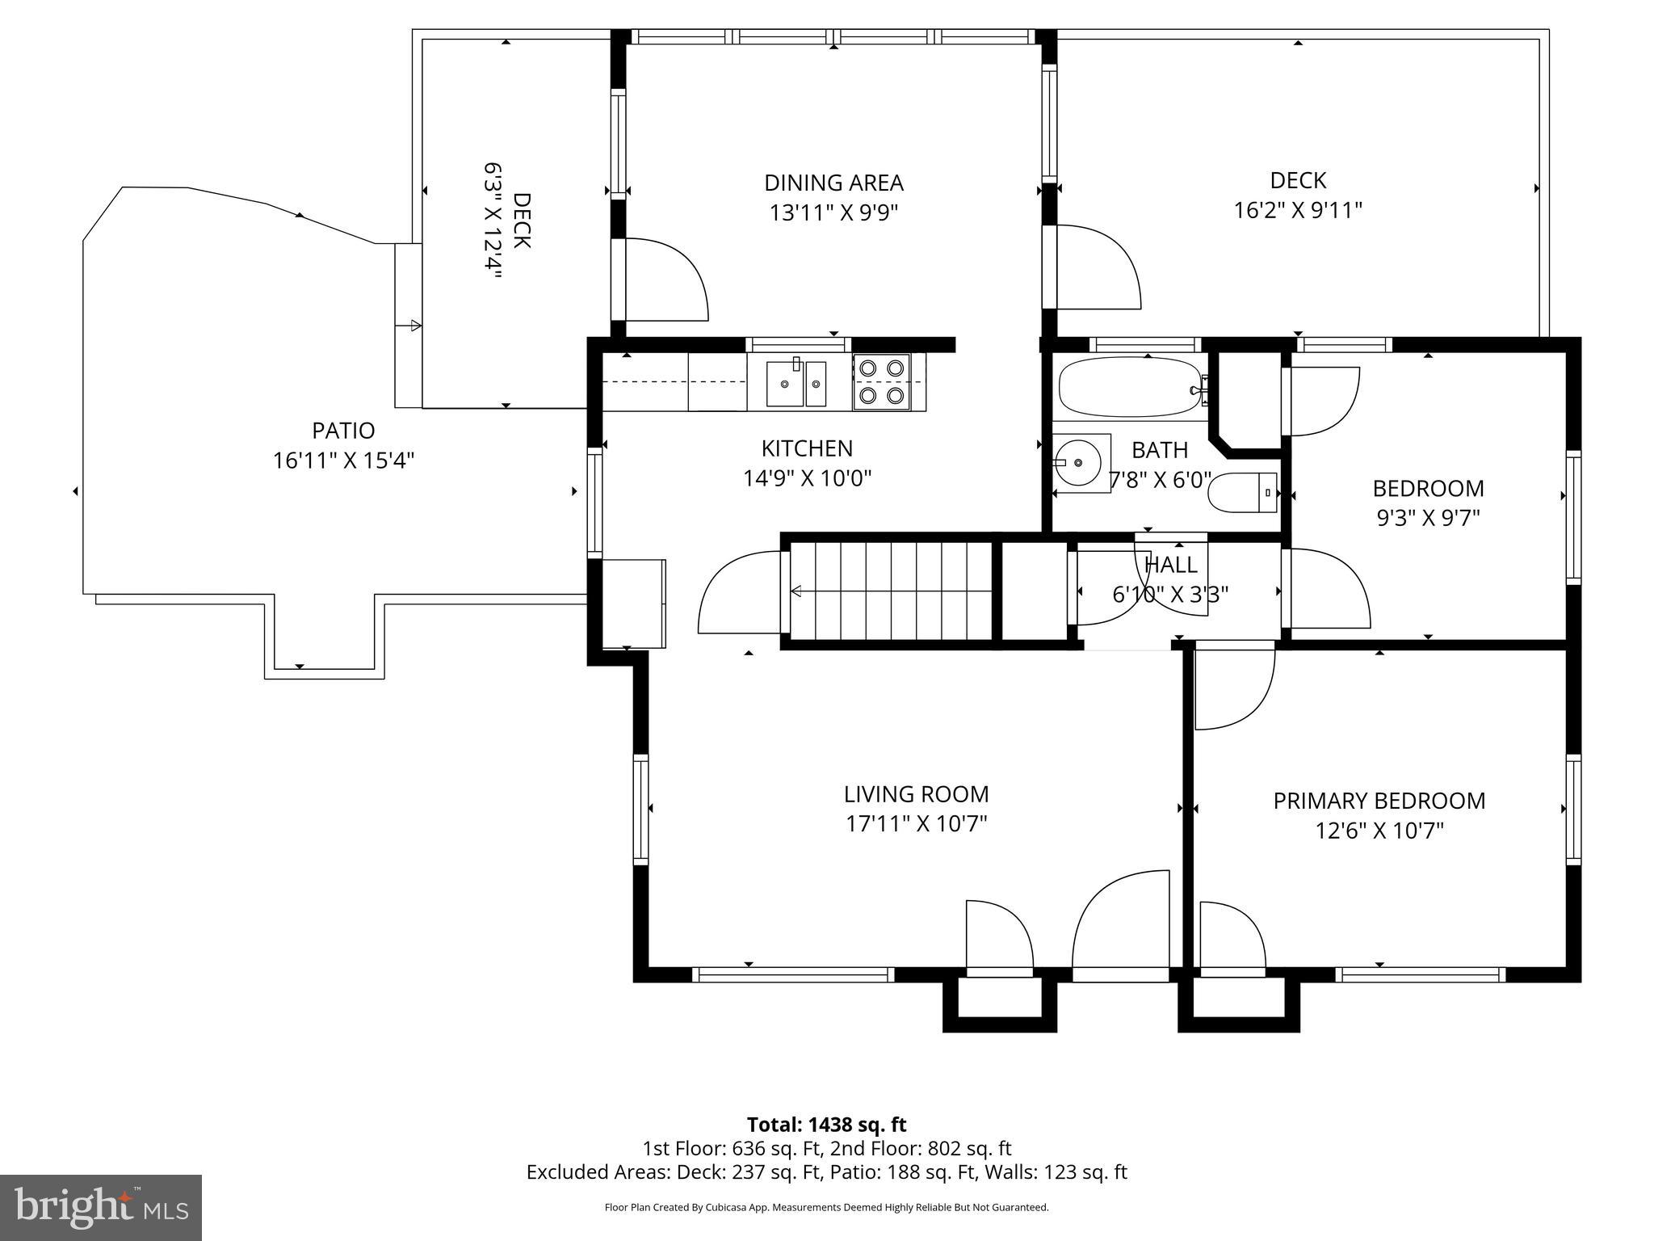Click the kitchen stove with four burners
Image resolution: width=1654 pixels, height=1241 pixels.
click(881, 381)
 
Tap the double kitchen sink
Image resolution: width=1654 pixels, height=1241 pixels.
click(796, 383)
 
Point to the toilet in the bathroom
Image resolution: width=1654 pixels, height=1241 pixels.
click(1242, 492)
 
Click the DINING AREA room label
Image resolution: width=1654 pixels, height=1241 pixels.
click(833, 183)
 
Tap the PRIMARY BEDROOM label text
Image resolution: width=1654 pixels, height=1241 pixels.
click(1379, 801)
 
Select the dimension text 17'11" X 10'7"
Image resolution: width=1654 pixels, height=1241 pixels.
click(917, 824)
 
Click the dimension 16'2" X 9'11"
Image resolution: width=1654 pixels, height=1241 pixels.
click(1298, 210)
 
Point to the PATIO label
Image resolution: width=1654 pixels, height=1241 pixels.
click(343, 430)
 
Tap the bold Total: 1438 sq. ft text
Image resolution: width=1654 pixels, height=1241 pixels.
click(826, 1125)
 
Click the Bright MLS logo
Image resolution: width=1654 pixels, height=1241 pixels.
click(101, 1208)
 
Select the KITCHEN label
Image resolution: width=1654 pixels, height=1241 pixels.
click(807, 448)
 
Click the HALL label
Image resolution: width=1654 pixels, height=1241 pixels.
click(1171, 565)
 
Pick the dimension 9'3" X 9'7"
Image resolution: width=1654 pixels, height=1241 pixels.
click(1428, 517)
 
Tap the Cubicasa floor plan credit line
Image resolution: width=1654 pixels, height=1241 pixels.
click(826, 1208)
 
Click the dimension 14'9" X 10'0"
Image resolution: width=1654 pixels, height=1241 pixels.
click(807, 478)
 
